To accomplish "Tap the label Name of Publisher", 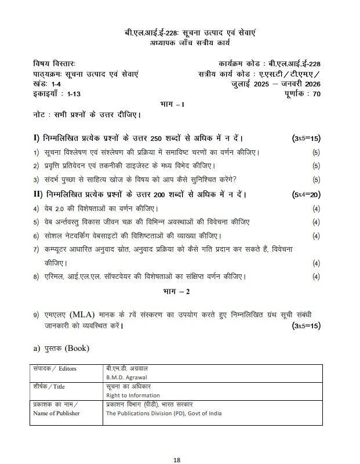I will tap(56, 413).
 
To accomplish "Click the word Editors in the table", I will tap(64, 368).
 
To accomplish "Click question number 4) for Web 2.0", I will tap(36, 208).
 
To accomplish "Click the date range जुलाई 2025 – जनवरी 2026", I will tap(274, 84).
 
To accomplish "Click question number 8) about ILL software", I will tap(36, 276).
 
